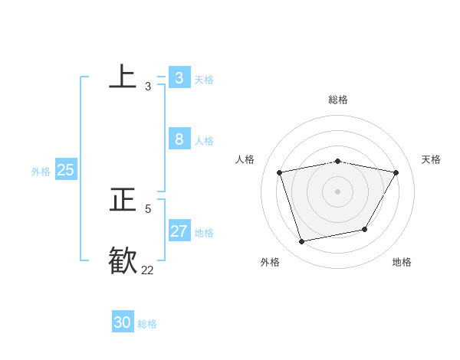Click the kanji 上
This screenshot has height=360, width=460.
coord(123,76)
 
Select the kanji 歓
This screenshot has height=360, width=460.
coord(123,260)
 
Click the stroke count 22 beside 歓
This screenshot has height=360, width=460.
coord(147,270)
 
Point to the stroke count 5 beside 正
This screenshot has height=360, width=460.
coord(148,208)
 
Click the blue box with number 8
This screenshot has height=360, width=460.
coord(179,139)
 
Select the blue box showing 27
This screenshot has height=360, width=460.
coord(179,231)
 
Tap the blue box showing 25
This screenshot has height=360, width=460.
coord(65,170)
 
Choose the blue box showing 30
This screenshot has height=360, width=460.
coord(122,322)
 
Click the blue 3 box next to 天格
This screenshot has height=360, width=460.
coord(179,77)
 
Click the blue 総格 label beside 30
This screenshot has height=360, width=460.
coord(147,324)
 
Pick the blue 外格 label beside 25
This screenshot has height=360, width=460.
coord(41,172)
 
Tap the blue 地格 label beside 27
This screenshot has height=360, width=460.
coord(204,233)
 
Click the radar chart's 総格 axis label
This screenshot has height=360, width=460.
coord(338,100)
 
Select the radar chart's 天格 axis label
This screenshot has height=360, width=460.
coord(431,159)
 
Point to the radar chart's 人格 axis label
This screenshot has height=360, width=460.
coord(245,159)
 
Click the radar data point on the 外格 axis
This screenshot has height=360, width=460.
coord(302,241)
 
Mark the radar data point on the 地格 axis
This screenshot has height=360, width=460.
coord(365,229)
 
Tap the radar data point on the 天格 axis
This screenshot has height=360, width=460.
coord(396,172)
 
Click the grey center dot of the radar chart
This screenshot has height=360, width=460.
coord(338,191)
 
